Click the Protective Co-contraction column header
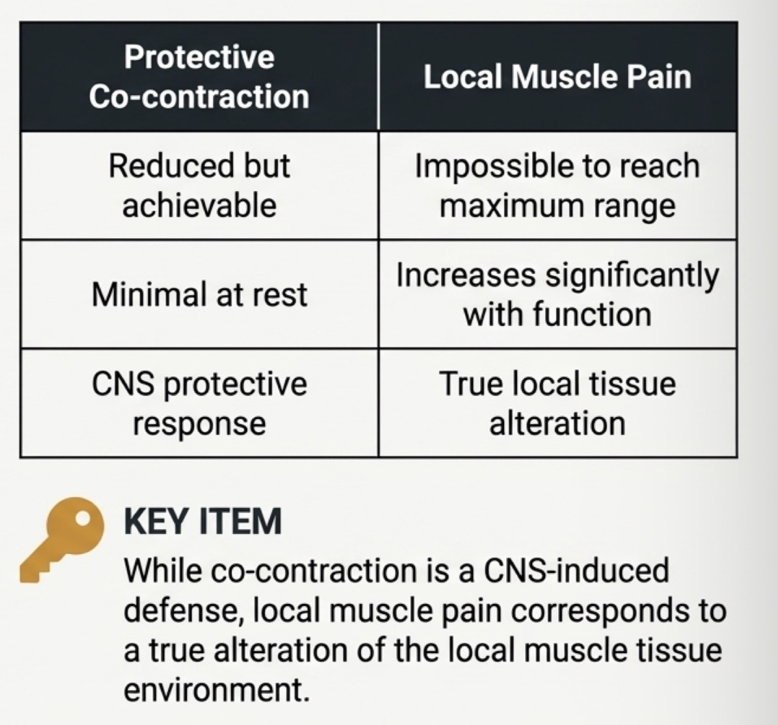199,76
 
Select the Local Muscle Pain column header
557,76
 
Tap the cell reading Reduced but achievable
199,185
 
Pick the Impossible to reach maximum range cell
557,185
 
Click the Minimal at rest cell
199,294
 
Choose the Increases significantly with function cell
557,294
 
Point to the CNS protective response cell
199,403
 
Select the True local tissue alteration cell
557,403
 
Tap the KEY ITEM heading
203,522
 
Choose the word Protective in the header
199,57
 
